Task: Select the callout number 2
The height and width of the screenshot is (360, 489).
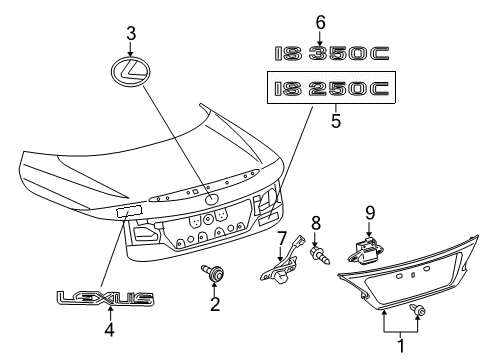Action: [x=213, y=303]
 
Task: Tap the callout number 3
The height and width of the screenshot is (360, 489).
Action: [x=131, y=34]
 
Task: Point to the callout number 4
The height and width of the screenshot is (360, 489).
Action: [x=108, y=325]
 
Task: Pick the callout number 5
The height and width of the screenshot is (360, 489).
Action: [x=334, y=125]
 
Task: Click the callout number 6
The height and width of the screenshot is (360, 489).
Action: [x=320, y=21]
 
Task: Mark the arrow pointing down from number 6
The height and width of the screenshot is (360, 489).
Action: [x=320, y=36]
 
